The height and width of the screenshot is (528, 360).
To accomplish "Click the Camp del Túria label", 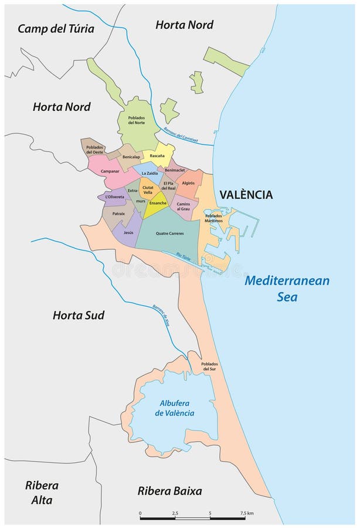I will tap(56, 29).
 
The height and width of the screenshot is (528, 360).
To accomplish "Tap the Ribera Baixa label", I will tap(169, 491).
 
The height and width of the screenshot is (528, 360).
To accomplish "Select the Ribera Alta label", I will tap(39, 493).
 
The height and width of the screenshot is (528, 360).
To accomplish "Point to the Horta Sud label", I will tap(79, 315).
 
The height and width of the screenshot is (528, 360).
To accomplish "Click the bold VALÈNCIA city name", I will tap(246, 194).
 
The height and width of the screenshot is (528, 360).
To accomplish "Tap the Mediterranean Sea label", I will tap(287, 288).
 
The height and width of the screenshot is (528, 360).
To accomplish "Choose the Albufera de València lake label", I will tap(175, 408).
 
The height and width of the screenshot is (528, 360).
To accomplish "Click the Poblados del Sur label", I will tap(209, 367).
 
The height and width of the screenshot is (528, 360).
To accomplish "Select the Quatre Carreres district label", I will tap(169, 233).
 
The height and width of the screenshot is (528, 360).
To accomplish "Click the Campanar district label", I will tap(110, 171).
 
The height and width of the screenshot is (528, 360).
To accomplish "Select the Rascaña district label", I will tap(157, 156).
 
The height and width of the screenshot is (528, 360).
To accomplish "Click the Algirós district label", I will tap(188, 183).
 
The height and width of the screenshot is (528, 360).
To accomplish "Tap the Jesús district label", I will tap(127, 232).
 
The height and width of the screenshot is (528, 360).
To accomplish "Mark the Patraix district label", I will tap(119, 214).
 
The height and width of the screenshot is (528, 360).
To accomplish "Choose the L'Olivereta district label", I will tap(115, 197).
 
